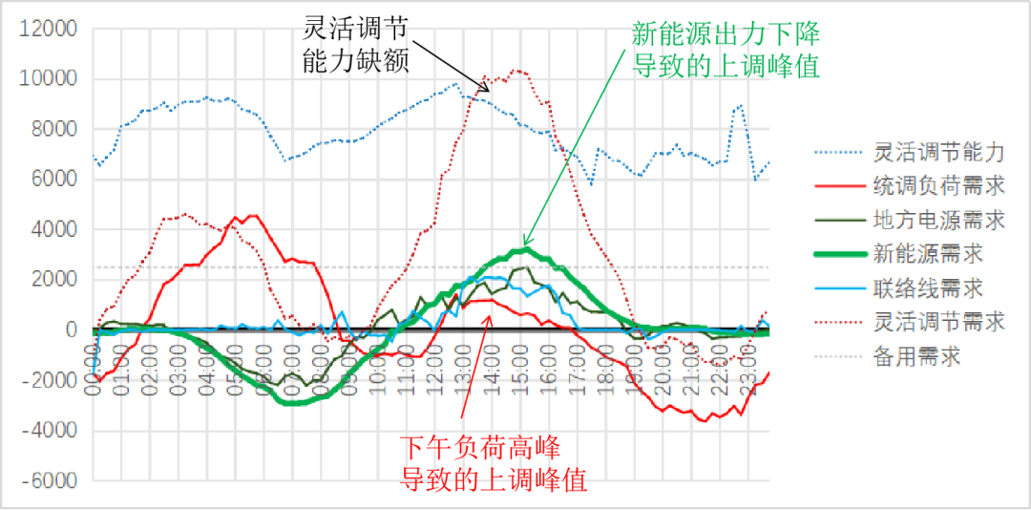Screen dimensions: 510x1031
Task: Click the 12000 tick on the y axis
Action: pos(50,29)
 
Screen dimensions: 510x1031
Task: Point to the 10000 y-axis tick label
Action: pos(50,78)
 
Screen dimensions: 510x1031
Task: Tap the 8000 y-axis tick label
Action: pos(54,129)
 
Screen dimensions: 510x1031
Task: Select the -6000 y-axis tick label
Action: pos(51,481)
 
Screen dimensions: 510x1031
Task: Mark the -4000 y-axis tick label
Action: pos(51,431)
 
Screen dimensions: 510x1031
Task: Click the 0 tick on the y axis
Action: pos(72,329)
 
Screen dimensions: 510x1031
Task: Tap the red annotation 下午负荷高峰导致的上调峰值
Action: pos(493,462)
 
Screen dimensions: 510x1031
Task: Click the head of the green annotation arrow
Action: pos(524,245)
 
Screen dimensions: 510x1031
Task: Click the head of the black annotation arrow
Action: pos(489,92)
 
